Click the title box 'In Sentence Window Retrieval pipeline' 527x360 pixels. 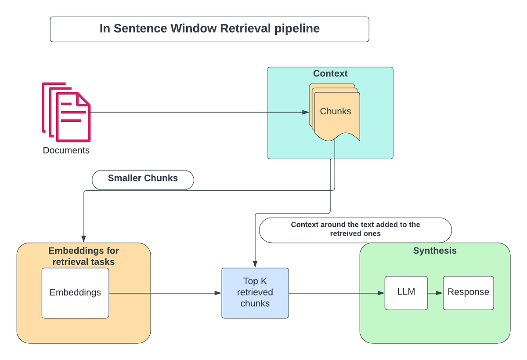(x=209, y=29)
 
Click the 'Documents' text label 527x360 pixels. (x=66, y=150)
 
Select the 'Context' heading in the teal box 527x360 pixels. (x=330, y=73)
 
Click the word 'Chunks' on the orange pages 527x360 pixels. (x=336, y=111)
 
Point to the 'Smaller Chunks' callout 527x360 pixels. (x=143, y=178)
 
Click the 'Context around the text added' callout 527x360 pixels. (x=355, y=229)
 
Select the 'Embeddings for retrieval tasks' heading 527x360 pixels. (x=83, y=256)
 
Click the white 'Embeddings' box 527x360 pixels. (x=75, y=292)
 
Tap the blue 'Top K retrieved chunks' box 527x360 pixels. (x=255, y=292)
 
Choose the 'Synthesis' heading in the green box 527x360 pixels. (x=435, y=251)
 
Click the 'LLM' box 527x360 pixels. (x=406, y=292)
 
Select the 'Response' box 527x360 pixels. (x=468, y=292)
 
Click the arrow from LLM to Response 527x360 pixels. (x=435, y=292)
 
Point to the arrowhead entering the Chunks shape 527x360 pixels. (x=306, y=113)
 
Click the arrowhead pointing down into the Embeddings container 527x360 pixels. (x=83, y=239)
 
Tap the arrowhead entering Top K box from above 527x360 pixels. (x=255, y=264)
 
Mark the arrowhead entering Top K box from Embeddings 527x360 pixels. (x=218, y=293)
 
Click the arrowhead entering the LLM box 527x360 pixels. (x=381, y=293)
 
